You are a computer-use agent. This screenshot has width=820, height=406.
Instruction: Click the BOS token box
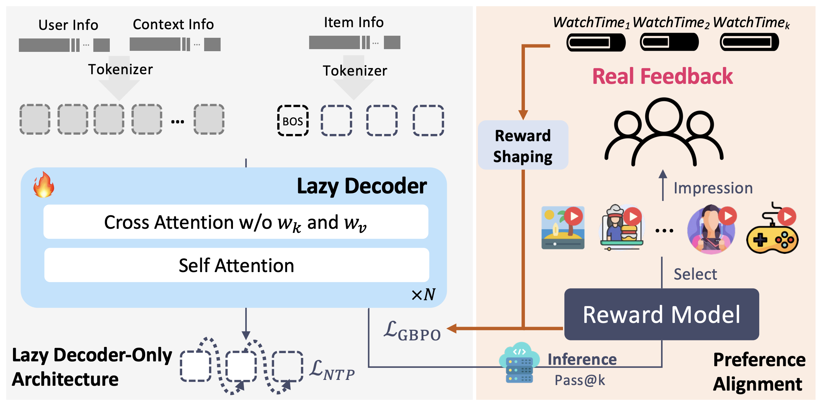click(293, 121)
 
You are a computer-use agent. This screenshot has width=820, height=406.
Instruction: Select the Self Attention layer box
click(236, 265)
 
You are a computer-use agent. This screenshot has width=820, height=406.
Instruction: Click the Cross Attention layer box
click(236, 222)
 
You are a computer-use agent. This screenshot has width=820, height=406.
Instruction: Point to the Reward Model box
click(661, 314)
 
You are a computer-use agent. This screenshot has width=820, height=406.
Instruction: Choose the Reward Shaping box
click(523, 145)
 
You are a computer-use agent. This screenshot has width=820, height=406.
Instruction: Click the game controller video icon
click(773, 229)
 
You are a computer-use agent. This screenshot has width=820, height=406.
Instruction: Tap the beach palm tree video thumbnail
click(563, 227)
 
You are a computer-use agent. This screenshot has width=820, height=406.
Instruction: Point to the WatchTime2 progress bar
click(669, 42)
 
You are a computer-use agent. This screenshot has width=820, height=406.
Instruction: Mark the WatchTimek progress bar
click(749, 42)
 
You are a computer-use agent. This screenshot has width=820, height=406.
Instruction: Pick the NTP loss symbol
click(332, 370)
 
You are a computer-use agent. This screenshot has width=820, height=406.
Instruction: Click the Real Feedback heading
click(663, 76)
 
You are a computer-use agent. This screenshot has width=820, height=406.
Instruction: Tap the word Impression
click(713, 188)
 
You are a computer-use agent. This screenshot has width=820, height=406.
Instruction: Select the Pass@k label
click(580, 380)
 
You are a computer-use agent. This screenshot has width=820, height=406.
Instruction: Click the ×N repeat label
click(423, 294)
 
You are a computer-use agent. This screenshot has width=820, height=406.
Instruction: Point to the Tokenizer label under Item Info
click(355, 71)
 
